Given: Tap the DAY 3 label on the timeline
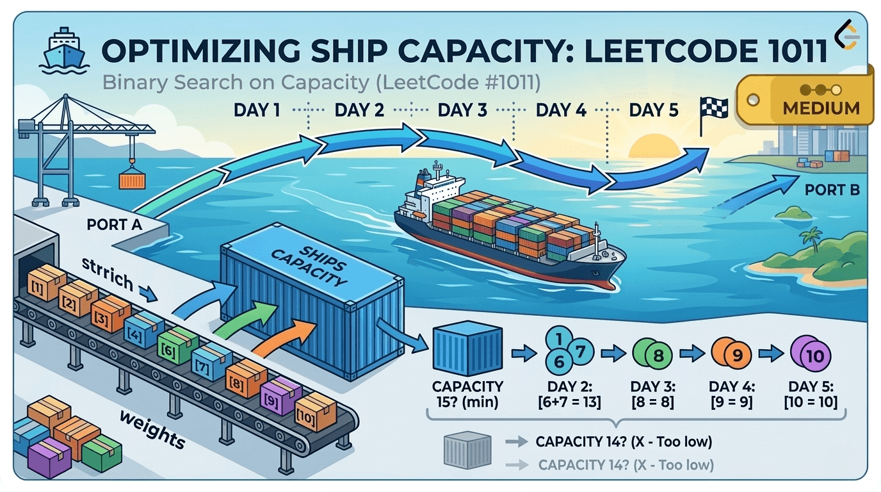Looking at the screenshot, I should pos(462,110).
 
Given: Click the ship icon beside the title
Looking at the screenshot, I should pos(62,49).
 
